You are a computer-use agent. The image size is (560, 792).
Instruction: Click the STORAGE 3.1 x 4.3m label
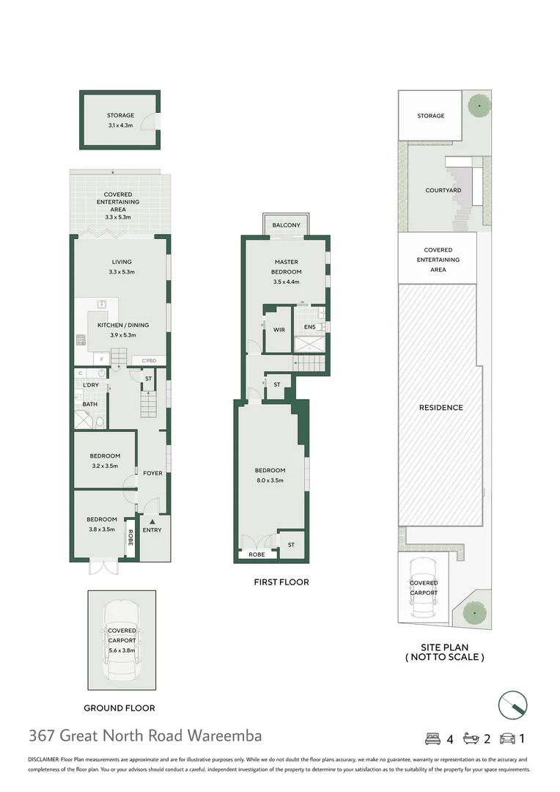click(120, 120)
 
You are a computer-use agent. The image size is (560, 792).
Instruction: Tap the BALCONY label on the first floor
click(287, 225)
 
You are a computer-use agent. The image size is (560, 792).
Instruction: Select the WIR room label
click(279, 330)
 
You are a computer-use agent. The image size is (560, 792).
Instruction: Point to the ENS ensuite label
click(309, 327)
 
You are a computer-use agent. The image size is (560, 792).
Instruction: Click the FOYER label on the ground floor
click(152, 473)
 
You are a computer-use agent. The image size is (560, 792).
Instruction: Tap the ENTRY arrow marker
click(152, 521)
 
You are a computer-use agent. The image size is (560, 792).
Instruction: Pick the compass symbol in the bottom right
click(512, 705)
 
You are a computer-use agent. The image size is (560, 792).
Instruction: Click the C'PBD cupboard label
click(149, 361)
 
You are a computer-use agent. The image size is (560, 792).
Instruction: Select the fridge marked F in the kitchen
click(101, 359)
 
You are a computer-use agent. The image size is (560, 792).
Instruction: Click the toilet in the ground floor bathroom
click(100, 421)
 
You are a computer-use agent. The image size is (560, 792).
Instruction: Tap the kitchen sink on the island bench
click(101, 304)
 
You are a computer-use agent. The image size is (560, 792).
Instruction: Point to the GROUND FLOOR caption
click(119, 708)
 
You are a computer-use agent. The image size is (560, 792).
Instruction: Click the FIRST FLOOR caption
click(281, 582)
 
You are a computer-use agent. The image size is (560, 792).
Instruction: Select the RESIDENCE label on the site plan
click(441, 408)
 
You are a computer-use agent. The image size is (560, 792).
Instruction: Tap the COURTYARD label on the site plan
click(443, 191)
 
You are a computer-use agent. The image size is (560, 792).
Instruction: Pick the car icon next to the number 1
click(507, 739)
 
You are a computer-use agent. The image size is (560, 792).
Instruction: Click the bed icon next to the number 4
click(432, 739)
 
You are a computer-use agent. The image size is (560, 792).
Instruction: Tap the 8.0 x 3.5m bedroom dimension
click(270, 480)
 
